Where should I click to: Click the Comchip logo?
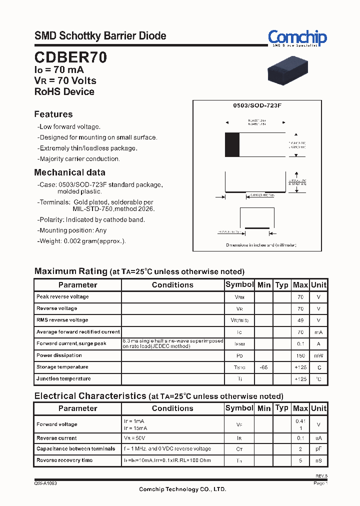coord(297,38)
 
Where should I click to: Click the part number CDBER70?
coord(70,57)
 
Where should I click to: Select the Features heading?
coord(53,114)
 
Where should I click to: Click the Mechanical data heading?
coord(69,172)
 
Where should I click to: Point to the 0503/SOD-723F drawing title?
coord(257,106)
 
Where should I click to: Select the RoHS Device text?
coord(64,91)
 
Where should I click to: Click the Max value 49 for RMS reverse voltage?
coord(300,320)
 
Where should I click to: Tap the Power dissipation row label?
coord(59,355)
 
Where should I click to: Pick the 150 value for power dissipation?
coord(300,355)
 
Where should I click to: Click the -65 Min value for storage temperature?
coord(263,367)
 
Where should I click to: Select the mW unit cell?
coord(318,355)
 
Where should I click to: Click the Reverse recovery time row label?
coord(64,460)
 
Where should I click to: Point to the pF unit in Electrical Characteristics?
coord(318,449)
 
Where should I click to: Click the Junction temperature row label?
coord(63,378)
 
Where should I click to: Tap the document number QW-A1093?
coord(45,483)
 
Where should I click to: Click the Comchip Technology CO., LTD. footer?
coord(182,489)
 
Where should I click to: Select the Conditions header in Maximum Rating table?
coord(172,285)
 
